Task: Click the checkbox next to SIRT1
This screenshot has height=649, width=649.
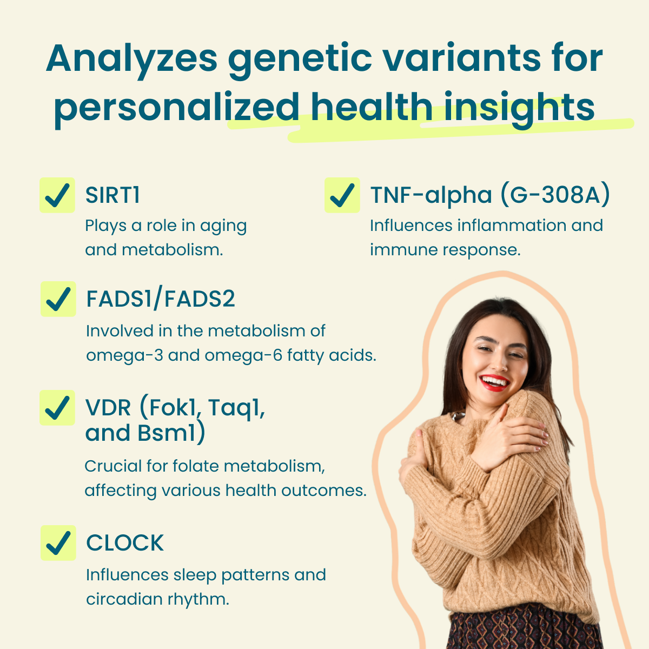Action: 57,195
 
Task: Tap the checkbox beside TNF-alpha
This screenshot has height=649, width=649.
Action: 342,195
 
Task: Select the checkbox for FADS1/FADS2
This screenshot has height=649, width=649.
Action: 58,299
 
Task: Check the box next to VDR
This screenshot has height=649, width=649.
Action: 57,408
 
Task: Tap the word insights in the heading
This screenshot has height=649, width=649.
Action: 519,108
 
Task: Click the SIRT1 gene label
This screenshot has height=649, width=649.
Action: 112,195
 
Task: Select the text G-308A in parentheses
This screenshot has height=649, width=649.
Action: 555,195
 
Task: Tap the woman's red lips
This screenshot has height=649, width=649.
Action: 495,383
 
